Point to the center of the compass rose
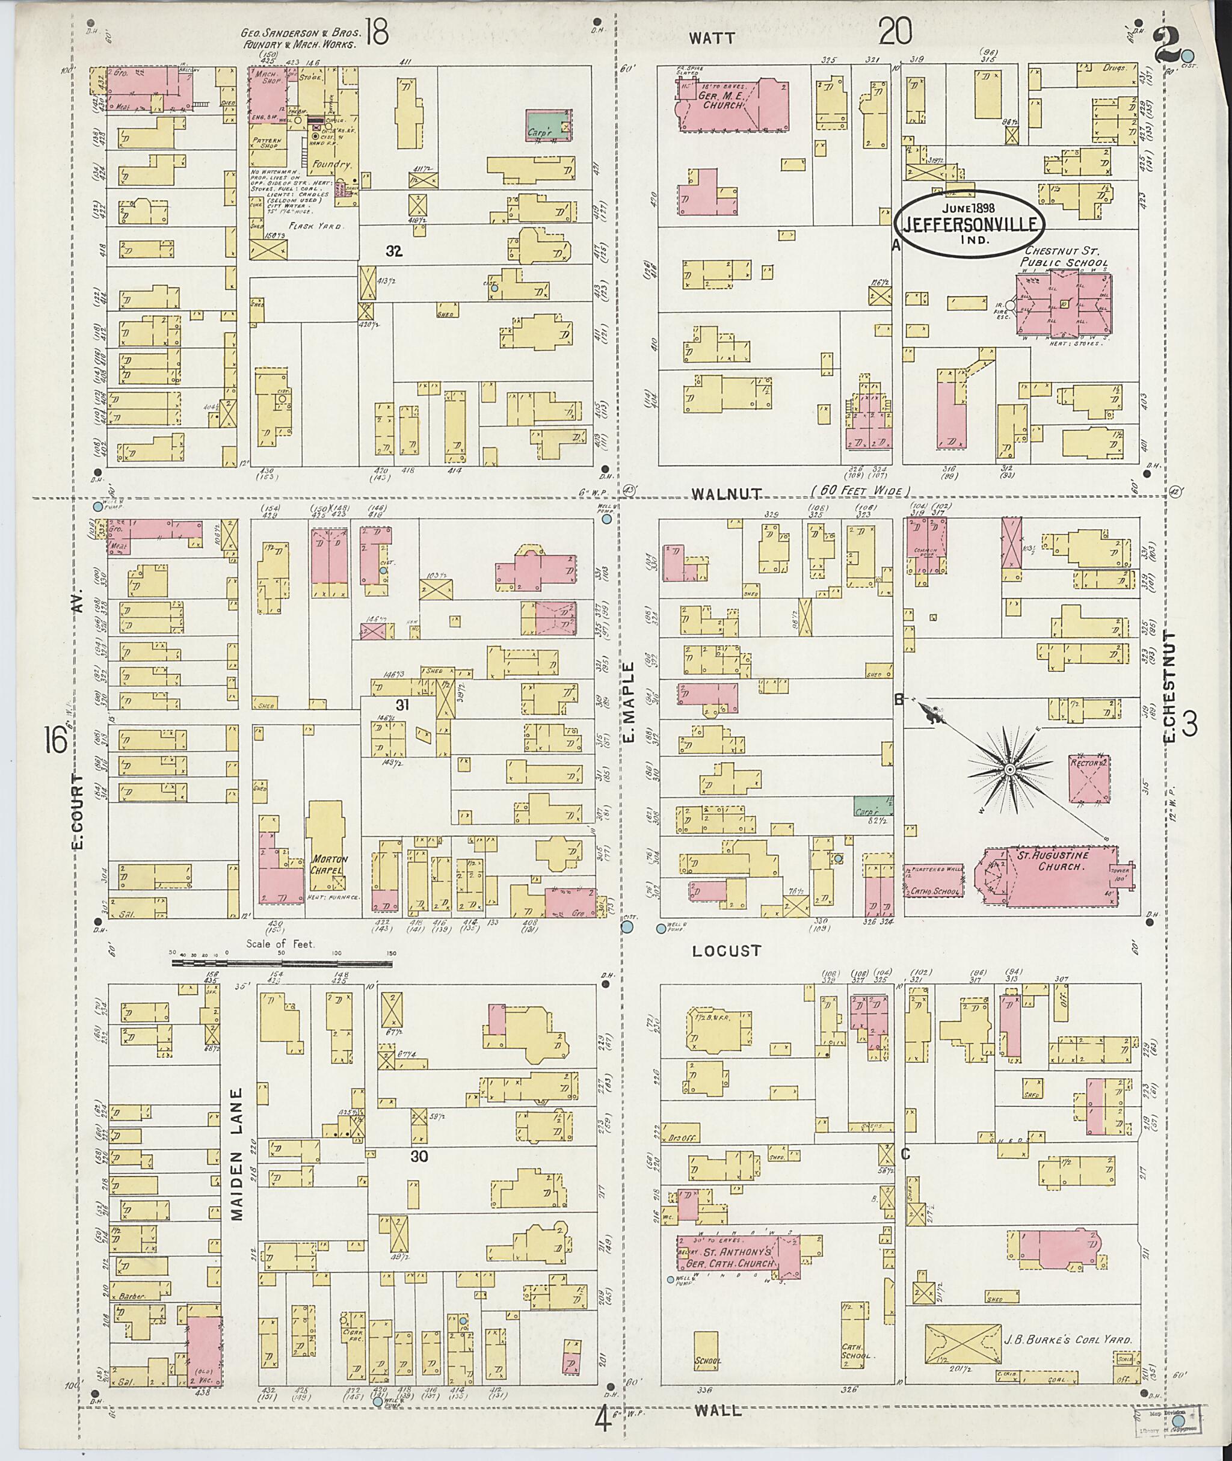coord(1010,769)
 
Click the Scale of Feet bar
coord(282,964)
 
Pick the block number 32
coord(395,251)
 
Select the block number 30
coord(419,1157)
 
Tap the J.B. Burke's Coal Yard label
coord(1067,1340)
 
